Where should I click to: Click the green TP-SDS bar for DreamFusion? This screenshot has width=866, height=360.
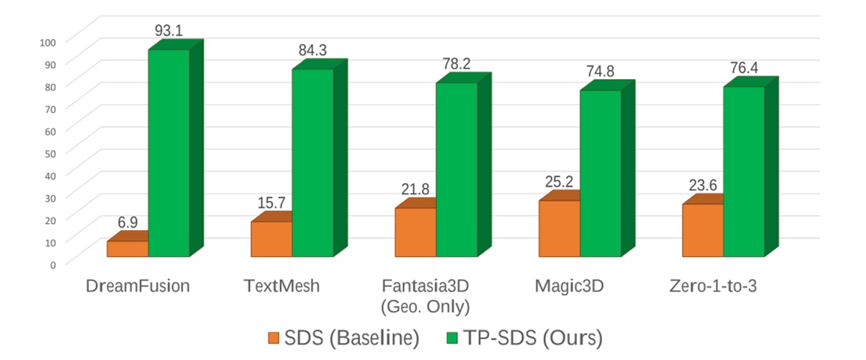pos(168,153)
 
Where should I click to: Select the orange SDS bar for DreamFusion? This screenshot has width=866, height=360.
pos(128,248)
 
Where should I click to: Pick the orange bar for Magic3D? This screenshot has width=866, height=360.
pos(559,228)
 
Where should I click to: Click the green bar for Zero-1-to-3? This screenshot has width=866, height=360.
pos(743,171)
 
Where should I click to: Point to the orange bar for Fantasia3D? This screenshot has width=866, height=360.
pos(415,232)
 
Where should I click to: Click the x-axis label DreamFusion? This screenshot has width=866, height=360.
pos(138,286)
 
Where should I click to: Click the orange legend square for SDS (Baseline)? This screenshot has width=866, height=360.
pos(273,338)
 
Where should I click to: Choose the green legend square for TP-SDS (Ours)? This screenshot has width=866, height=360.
pos(453,338)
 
